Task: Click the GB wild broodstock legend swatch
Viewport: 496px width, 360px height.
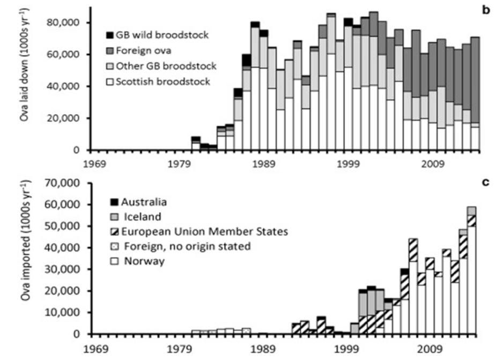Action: (110, 35)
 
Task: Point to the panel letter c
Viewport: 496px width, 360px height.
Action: (486, 181)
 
